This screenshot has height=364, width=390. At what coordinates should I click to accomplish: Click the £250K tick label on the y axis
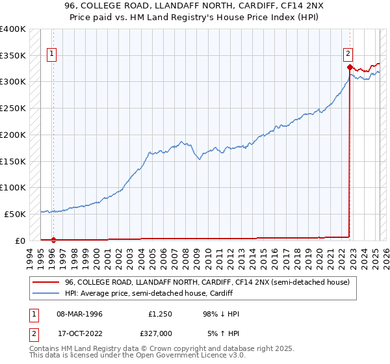[13, 108]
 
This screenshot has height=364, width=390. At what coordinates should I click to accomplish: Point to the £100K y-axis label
[13, 187]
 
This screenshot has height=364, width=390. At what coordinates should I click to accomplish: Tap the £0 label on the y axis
[19, 240]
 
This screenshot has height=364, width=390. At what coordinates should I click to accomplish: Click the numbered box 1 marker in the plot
[52, 55]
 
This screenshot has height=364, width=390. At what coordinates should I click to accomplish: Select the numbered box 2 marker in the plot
[349, 55]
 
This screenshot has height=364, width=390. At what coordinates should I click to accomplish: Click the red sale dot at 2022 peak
[350, 67]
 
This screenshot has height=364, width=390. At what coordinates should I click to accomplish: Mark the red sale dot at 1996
[54, 240]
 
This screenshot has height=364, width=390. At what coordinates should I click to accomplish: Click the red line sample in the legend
[47, 283]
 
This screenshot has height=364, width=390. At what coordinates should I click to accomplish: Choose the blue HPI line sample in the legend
[47, 293]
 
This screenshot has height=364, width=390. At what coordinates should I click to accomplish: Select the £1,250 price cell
[159, 314]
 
